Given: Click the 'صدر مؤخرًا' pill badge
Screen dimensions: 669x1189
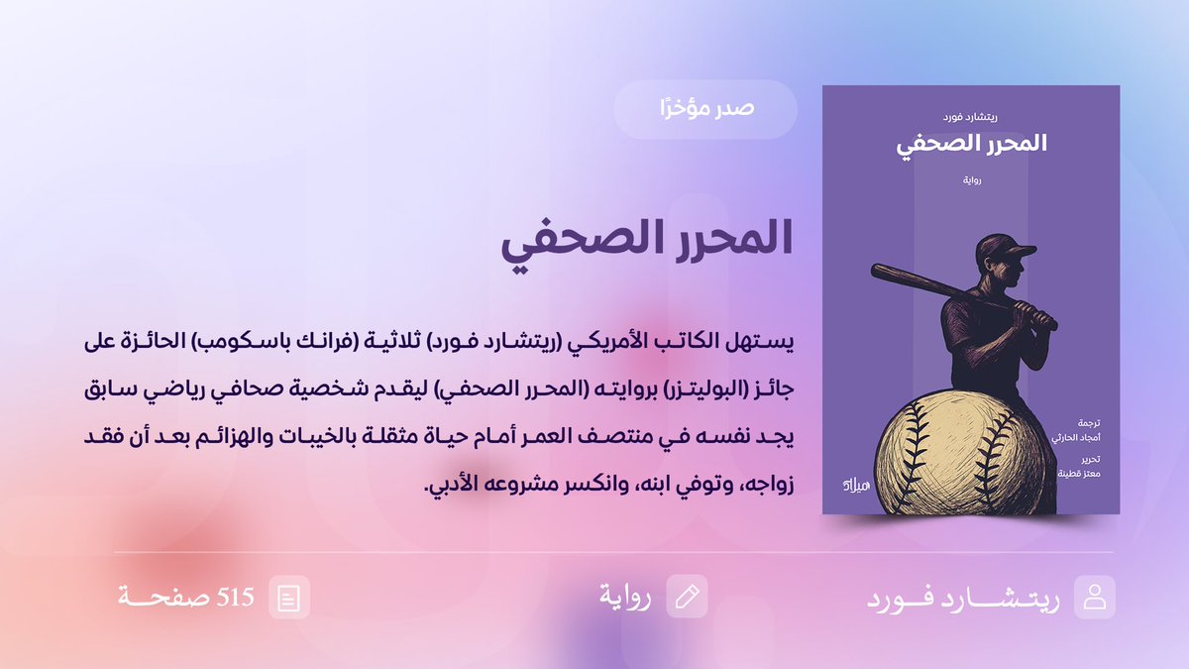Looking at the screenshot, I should click(705, 109).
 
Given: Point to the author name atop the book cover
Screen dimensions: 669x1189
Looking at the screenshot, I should click(971, 116).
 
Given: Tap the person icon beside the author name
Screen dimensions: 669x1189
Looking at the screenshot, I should click(1095, 598).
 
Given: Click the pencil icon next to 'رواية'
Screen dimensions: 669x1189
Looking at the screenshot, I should click(687, 597).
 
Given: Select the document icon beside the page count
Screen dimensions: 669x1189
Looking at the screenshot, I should click(289, 598).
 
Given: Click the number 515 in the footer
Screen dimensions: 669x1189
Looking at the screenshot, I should click(236, 598).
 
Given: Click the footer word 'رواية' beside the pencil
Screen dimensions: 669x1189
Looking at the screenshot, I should click(625, 598).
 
